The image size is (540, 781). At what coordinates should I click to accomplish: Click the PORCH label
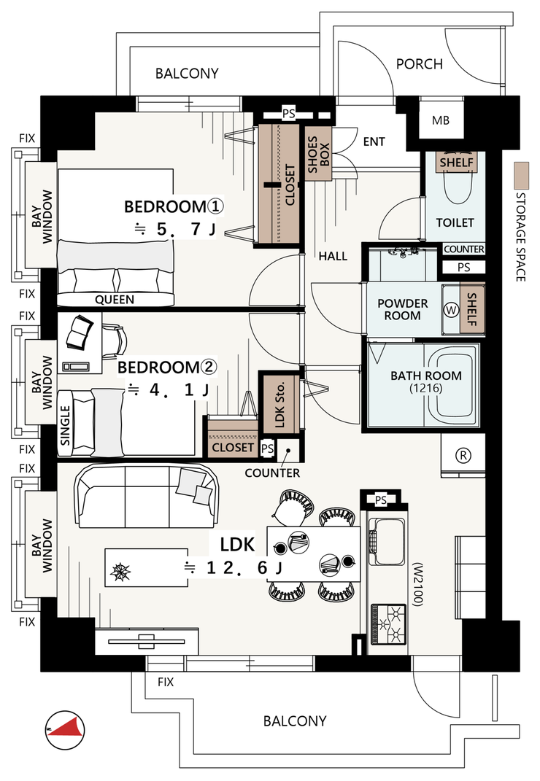(420, 64)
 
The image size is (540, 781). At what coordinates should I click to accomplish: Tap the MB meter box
(441, 120)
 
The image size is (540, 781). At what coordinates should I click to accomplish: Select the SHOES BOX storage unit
(318, 155)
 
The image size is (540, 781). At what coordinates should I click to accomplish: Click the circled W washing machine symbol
(451, 310)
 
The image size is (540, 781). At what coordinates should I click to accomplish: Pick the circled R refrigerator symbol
(463, 455)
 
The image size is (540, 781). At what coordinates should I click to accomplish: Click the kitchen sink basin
(389, 541)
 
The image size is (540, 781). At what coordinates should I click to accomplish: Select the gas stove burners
(388, 625)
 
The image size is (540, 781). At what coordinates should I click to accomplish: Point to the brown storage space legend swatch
(522, 175)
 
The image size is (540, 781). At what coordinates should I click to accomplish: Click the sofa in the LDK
(146, 496)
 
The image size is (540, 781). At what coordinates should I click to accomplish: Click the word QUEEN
(115, 300)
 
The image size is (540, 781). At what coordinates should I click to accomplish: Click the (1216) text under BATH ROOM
(426, 389)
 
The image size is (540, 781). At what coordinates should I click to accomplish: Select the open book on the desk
(80, 333)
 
